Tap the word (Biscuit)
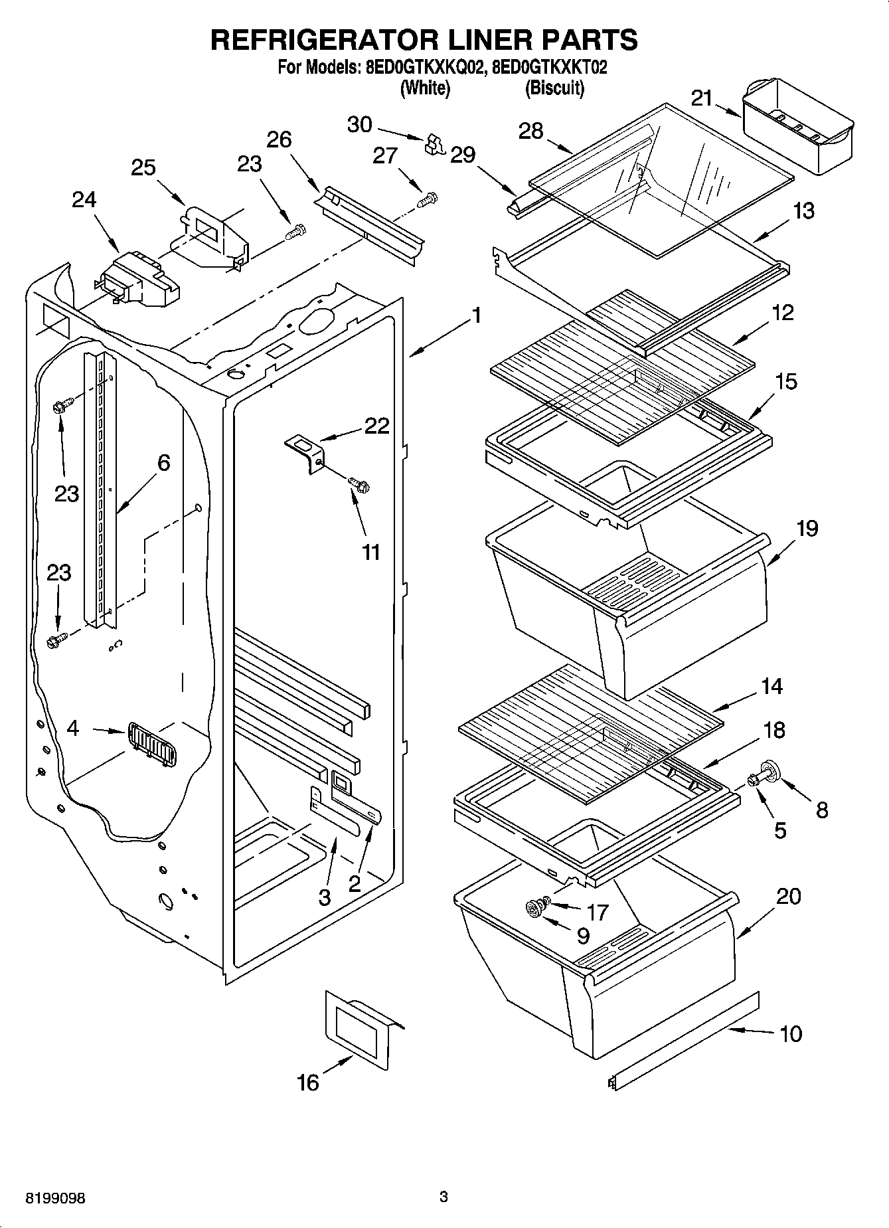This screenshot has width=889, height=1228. (x=554, y=88)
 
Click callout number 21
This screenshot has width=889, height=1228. (x=701, y=98)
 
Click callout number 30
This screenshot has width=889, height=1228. (x=360, y=124)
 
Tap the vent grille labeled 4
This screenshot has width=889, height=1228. (x=152, y=745)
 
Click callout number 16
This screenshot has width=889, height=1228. (x=308, y=1083)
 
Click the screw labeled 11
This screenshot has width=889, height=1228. (x=359, y=484)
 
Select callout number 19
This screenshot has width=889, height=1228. (x=807, y=529)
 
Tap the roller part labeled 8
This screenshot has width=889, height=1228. (x=771, y=771)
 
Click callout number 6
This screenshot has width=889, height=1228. (x=163, y=462)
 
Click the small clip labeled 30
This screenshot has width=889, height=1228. (x=435, y=143)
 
